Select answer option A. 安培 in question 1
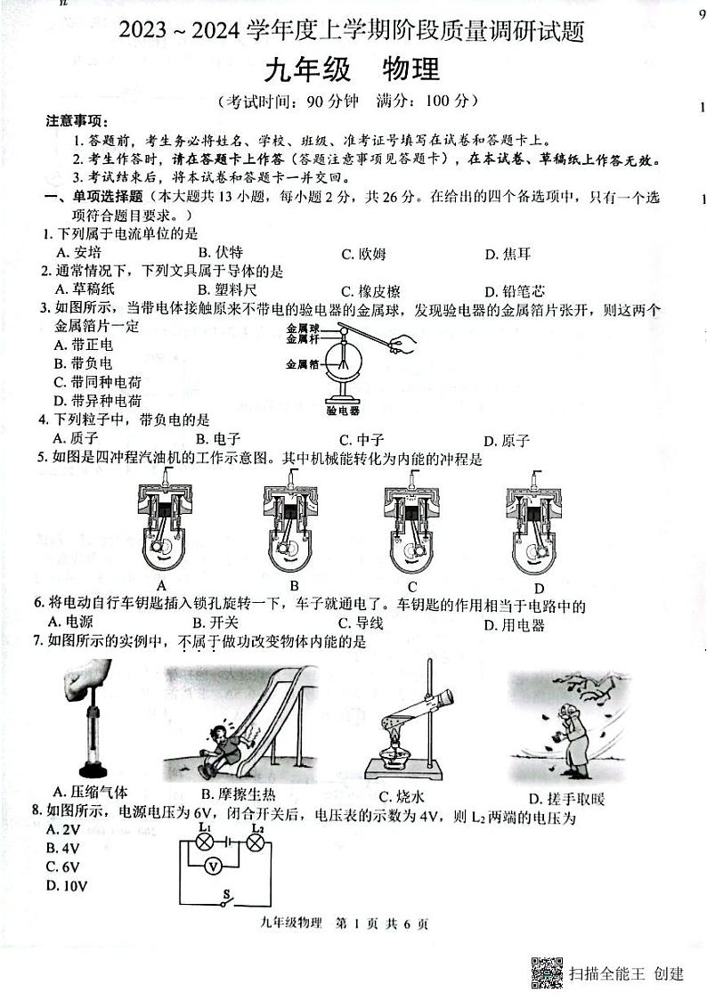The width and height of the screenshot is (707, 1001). pos(77,254)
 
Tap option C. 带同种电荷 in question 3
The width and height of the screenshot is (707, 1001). pos(97,382)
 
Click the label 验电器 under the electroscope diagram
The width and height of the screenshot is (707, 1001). pos(343,411)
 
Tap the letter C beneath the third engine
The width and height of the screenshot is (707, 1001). pos(412,586)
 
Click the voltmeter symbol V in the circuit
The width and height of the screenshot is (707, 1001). pos(213,865)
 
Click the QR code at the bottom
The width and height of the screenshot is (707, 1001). pos(547,973)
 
